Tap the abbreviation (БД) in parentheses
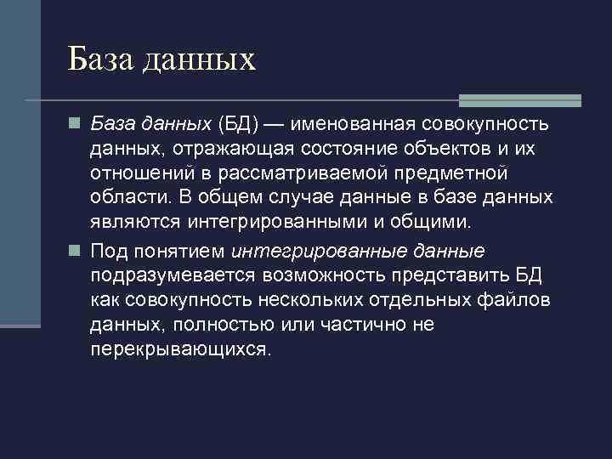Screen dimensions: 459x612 point(241,125)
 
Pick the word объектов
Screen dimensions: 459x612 point(465,150)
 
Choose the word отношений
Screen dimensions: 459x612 point(149,173)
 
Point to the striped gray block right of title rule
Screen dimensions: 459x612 point(519,99)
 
